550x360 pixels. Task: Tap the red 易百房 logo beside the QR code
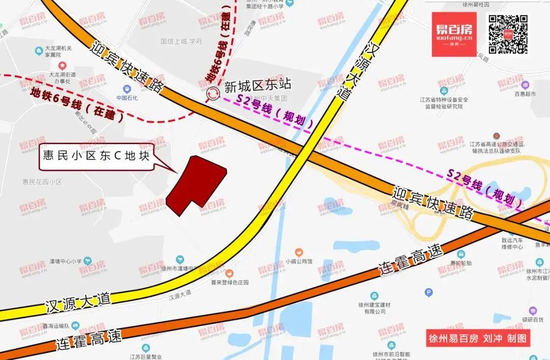(454, 34)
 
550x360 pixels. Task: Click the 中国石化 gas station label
(127, 98)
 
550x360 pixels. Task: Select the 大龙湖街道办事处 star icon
(62, 65)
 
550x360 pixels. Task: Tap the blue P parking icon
(429, 292)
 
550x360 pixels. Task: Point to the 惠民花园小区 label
(42, 182)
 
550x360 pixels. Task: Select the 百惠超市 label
(526, 94)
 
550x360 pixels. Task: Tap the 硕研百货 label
(533, 319)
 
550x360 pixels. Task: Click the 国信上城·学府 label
(181, 41)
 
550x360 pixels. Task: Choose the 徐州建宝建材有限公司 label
(374, 308)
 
